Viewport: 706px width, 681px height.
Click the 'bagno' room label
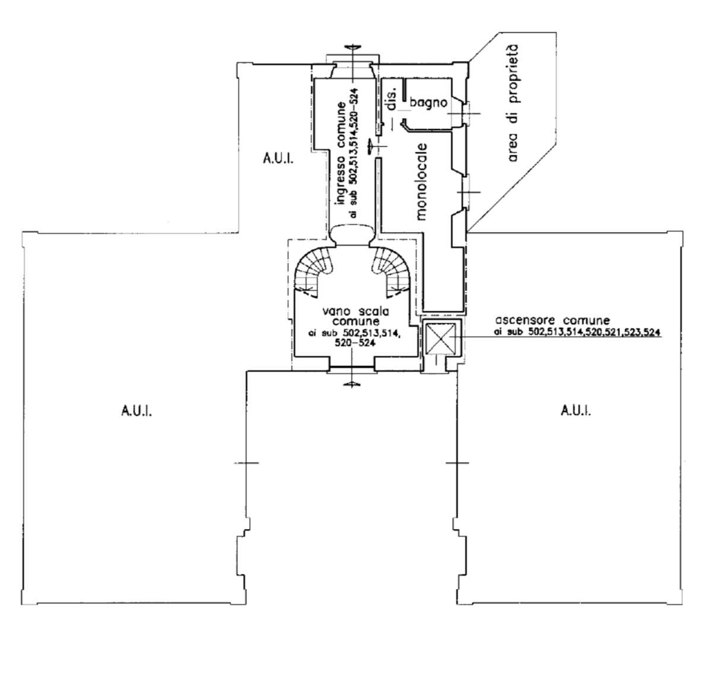point(428,103)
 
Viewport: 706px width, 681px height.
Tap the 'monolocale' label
point(421,182)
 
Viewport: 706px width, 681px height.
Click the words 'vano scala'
point(356,312)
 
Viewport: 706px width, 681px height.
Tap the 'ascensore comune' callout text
point(552,321)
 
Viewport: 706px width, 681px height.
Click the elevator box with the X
point(439,338)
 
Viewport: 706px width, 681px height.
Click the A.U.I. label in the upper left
point(278,158)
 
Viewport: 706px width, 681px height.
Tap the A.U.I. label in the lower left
point(136,411)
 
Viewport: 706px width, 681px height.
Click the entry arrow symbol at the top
point(352,47)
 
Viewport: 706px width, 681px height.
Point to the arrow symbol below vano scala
point(352,384)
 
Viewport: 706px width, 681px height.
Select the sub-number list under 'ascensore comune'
point(577,332)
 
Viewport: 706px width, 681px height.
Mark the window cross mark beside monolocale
point(469,192)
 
